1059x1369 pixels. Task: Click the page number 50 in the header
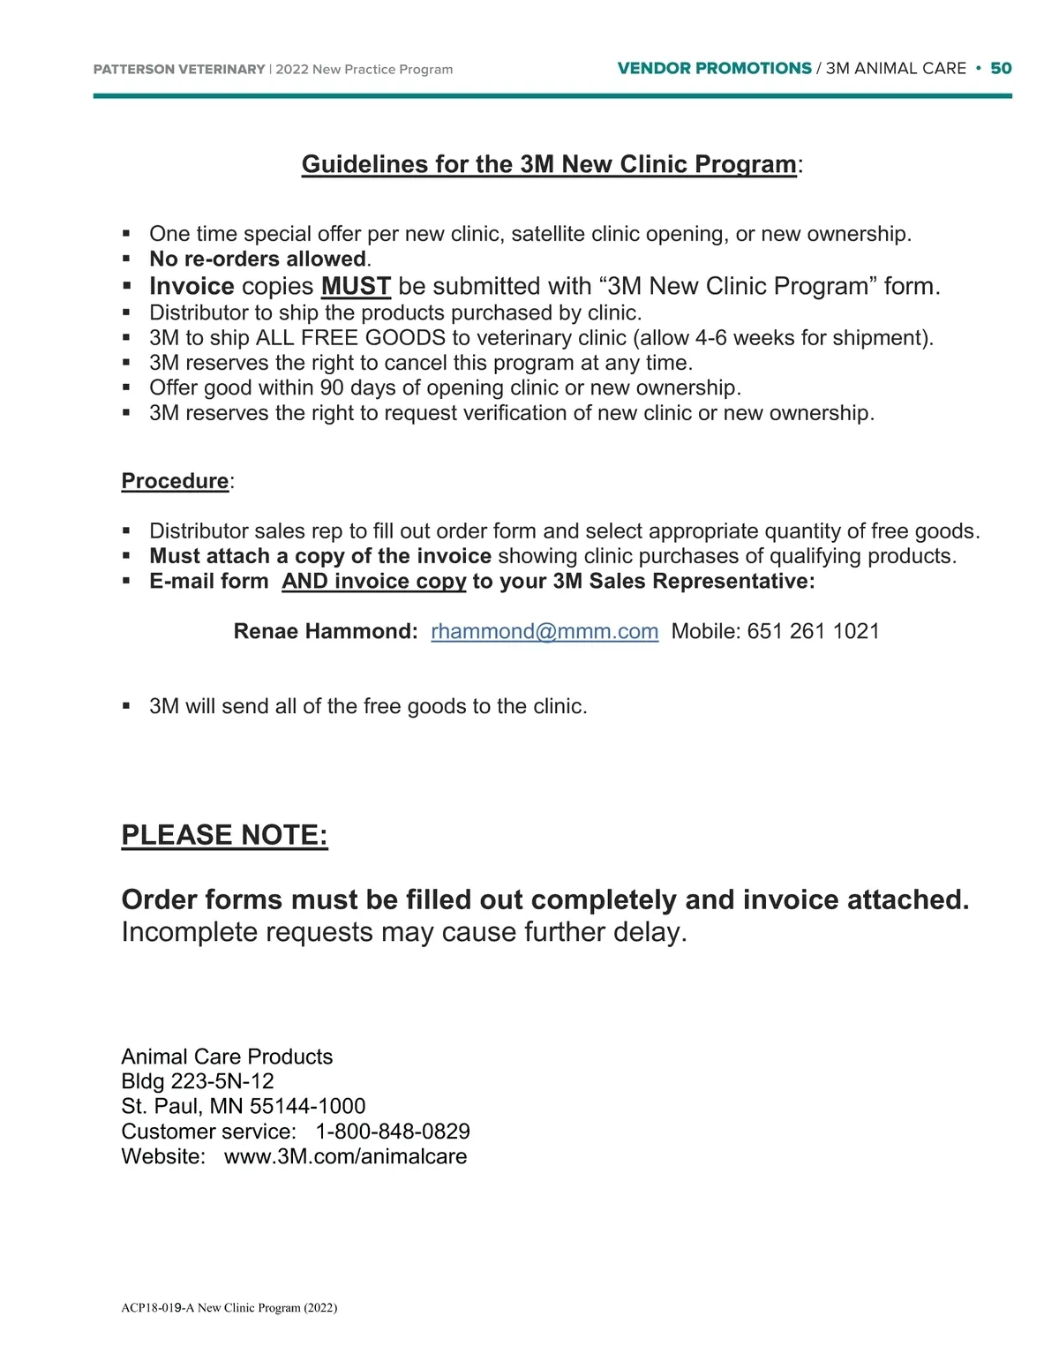[1001, 69]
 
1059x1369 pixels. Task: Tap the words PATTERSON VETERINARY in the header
[179, 70]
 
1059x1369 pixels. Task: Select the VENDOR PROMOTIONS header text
[714, 69]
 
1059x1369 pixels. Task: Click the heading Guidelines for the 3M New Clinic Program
[549, 165]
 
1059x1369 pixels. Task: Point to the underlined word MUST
[356, 287]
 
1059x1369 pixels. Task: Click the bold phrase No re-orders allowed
[258, 260]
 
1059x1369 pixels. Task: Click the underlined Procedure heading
[175, 481]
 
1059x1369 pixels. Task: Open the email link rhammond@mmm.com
[545, 632]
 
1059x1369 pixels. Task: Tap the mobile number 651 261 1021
[813, 632]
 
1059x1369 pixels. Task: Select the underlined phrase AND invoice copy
[373, 582]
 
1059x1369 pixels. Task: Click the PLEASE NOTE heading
[224, 835]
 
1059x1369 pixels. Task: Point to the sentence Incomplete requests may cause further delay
[403, 933]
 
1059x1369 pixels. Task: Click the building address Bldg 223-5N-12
[198, 1082]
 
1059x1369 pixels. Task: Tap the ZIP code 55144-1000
[307, 1107]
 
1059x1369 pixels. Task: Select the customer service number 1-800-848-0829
[393, 1132]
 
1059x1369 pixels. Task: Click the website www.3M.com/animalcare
[345, 1157]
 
